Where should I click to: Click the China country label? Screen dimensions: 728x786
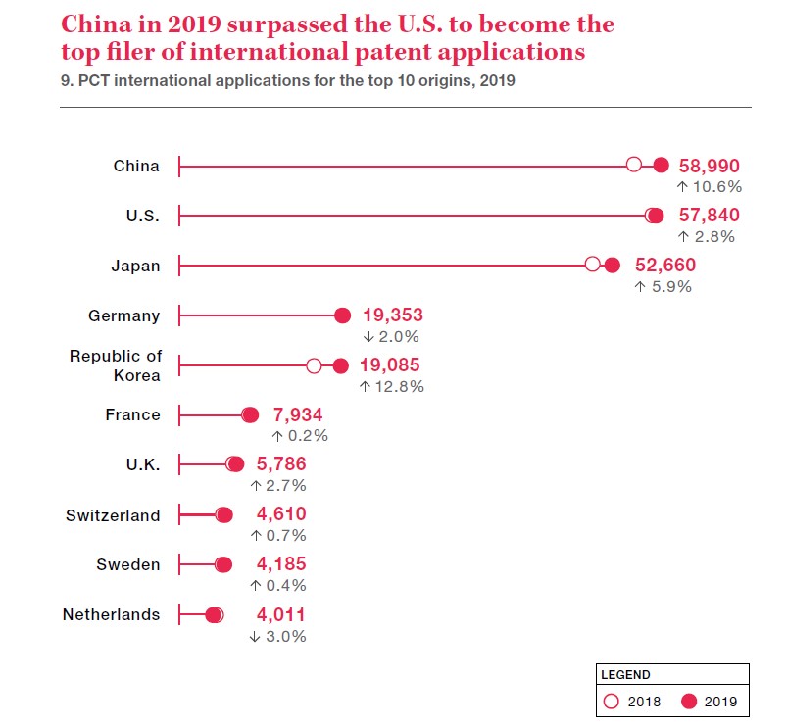136,166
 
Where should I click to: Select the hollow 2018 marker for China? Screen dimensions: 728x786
634,165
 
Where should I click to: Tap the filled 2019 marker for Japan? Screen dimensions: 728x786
613,265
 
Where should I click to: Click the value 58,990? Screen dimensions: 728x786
710,166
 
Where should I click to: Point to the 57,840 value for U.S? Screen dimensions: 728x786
710,216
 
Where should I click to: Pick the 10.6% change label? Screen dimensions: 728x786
710,186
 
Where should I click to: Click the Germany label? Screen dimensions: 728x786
123,315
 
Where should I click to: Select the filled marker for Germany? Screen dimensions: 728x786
342,315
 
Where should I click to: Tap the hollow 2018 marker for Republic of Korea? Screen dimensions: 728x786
314,365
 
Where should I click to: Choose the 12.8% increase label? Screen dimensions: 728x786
391,386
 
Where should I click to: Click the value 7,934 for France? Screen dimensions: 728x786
298,415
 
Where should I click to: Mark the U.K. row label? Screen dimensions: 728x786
143,465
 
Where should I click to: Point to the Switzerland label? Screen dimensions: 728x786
113,515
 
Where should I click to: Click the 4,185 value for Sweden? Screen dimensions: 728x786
281,564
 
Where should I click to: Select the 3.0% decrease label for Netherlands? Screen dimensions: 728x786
278,636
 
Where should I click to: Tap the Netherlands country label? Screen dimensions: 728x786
111,614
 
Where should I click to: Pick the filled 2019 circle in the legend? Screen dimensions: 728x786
688,701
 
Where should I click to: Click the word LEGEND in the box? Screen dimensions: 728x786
626,674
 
